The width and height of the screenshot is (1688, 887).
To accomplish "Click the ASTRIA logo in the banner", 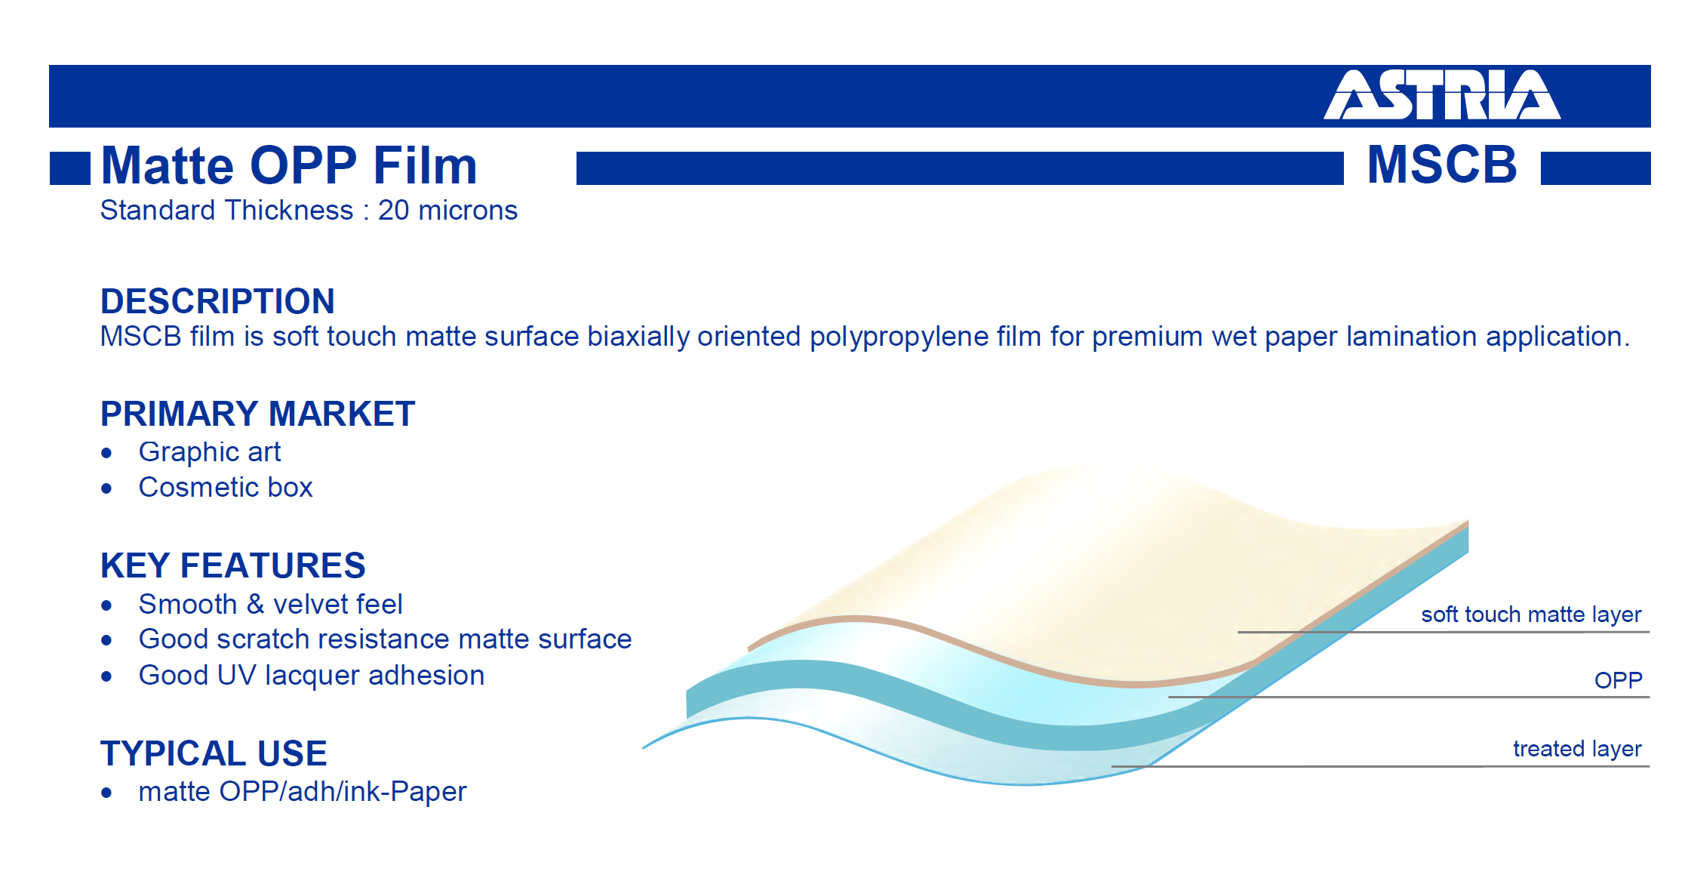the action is (x=1442, y=94).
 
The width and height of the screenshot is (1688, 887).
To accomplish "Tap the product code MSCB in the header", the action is (x=1442, y=165).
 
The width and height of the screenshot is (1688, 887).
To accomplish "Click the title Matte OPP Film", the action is (x=289, y=165).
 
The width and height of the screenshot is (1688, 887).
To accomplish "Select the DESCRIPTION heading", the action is (x=217, y=301).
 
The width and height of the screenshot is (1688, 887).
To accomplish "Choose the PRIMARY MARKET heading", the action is (x=257, y=414).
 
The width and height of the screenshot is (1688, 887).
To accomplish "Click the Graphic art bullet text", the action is (x=210, y=452).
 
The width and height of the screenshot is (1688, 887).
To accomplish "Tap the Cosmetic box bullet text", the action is (x=226, y=488).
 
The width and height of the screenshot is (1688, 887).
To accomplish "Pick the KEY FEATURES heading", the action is (x=232, y=565).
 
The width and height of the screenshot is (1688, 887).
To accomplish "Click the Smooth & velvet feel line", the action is (x=270, y=605).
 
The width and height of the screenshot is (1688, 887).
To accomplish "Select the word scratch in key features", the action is (x=263, y=639).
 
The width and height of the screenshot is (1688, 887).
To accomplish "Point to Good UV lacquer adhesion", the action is (x=312, y=676).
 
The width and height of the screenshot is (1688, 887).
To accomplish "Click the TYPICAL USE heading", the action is (x=214, y=753).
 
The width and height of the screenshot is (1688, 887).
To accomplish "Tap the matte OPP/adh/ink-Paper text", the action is (x=303, y=792).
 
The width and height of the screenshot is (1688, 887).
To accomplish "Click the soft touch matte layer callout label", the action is (x=1531, y=614).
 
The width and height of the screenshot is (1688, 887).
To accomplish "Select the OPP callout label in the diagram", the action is (x=1619, y=680).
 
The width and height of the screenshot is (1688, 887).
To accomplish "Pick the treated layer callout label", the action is (x=1577, y=749).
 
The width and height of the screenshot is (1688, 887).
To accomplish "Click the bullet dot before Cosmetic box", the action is (x=106, y=489).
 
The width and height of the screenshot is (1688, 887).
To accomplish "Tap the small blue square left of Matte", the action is (x=70, y=168).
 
